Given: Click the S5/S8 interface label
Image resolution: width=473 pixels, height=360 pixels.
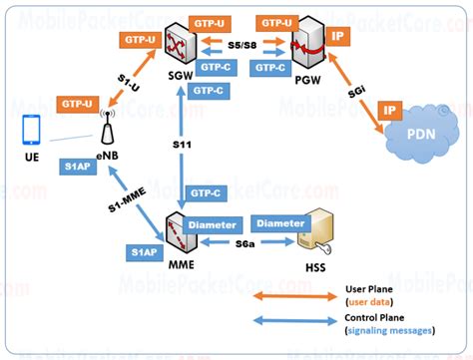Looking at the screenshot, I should (241, 46).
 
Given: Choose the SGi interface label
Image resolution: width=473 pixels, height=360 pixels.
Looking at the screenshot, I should (356, 93).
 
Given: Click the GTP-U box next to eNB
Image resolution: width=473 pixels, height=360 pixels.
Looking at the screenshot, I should (77, 104).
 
